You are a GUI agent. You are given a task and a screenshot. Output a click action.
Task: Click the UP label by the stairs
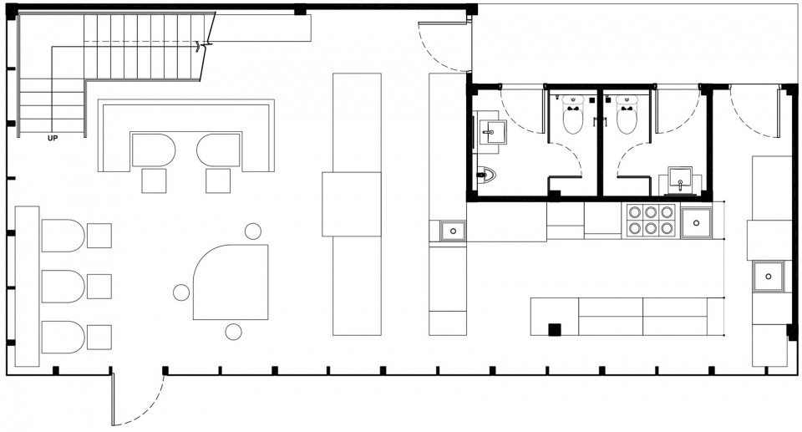(x=53, y=138)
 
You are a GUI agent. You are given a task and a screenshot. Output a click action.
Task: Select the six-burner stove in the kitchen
(x=650, y=220)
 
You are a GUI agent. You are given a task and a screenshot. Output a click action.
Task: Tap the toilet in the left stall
(x=573, y=114)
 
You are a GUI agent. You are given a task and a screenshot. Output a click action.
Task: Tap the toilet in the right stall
(x=627, y=114)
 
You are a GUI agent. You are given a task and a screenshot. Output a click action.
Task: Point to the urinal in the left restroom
(x=485, y=175)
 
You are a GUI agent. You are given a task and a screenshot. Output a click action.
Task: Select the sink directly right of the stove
(x=696, y=223)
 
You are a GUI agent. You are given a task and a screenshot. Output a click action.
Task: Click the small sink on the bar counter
(x=453, y=231)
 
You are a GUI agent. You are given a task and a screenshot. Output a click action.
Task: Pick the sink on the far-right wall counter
(x=769, y=277)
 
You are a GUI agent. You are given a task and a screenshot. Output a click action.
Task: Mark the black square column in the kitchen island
(x=555, y=329)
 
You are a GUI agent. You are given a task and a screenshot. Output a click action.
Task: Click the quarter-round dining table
(x=231, y=282)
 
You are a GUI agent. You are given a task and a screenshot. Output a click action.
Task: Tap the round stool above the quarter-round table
(x=252, y=231)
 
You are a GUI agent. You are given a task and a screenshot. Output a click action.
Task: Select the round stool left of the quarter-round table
(x=181, y=292)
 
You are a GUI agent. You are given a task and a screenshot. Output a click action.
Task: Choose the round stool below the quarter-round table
(x=233, y=333)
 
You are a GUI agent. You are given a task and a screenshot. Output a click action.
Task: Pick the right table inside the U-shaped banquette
(x=219, y=150)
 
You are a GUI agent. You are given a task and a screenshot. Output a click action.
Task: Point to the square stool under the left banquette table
(x=154, y=180)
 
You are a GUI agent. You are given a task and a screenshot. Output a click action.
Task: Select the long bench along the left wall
(x=27, y=286)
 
